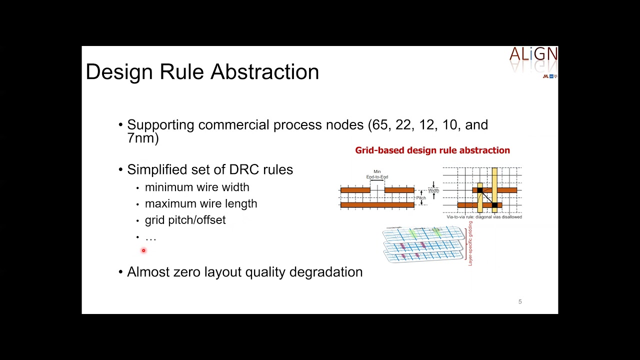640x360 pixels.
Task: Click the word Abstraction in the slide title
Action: (264, 72)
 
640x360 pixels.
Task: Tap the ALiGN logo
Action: (533, 54)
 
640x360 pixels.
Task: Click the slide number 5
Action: (520, 301)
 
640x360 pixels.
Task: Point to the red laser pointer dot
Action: (143, 250)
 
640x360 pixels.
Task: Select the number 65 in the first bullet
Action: (379, 125)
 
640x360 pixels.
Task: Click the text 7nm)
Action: (143, 138)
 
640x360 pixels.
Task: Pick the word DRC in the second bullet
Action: (244, 170)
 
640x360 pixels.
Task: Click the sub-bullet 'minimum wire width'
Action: (197, 187)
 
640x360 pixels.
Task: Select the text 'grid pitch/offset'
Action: (185, 220)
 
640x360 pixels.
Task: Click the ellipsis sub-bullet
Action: (150, 238)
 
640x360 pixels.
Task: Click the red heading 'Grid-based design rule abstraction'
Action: (432, 150)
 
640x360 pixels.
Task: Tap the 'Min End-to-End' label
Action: (377, 174)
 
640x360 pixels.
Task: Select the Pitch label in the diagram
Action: (421, 198)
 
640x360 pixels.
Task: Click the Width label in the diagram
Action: (433, 190)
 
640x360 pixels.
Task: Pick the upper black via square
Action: (480, 190)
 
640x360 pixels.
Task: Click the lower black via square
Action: (494, 205)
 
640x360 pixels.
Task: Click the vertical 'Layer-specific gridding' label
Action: (470, 243)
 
